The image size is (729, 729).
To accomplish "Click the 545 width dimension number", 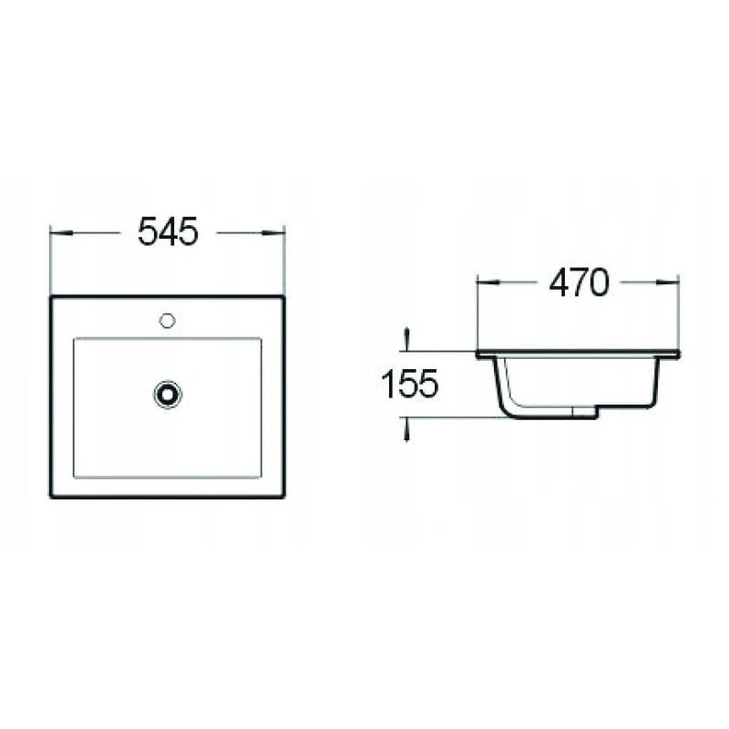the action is pos(168,231).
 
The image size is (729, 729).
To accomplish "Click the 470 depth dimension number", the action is pos(579,282).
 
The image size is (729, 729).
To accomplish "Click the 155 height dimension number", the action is pos(409,384).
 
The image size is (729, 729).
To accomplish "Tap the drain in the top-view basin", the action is pos(168,395).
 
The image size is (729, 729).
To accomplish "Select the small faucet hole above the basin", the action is pos(167,321).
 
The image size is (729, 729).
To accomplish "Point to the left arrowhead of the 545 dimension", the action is pos(61,232).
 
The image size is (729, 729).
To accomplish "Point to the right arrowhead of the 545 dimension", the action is pos(273,232).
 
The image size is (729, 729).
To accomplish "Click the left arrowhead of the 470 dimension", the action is pos(488,282).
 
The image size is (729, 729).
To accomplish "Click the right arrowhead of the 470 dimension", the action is pos(668,282).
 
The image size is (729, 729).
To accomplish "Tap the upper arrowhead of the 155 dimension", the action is pos(407,338).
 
